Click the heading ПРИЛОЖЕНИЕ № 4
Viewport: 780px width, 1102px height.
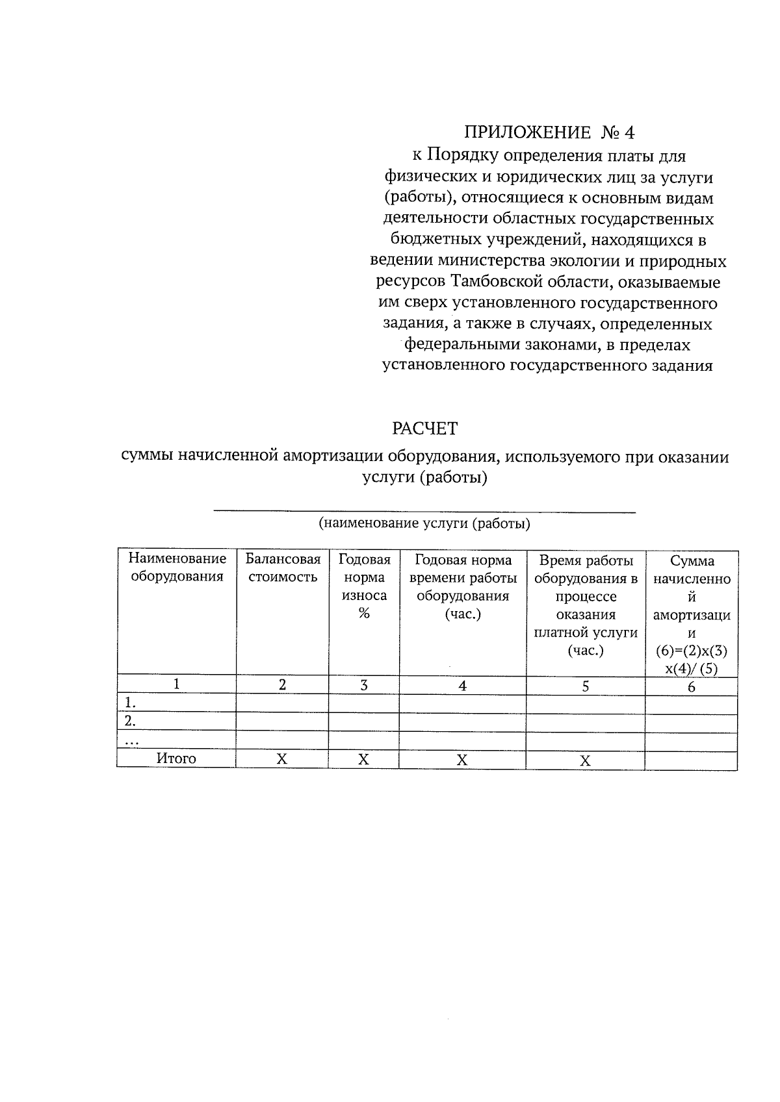pos(549,132)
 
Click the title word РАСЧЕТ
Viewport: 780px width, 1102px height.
pos(425,429)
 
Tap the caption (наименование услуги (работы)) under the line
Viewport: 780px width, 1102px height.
pos(424,523)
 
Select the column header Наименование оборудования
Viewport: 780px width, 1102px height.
pos(177,568)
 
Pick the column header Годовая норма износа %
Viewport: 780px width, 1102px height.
pos(364,586)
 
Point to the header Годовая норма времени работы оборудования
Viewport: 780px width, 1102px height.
pos(463,586)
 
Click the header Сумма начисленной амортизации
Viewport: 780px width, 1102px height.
pos(692,614)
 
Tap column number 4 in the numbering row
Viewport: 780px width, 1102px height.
pos(463,686)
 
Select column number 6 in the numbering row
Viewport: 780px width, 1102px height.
pos(692,687)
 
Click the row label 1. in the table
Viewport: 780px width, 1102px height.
pos(131,703)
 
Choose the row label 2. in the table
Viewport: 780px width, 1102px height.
pos(131,721)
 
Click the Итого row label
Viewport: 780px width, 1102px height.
pos(176,758)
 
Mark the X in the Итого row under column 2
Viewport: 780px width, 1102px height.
pos(281,759)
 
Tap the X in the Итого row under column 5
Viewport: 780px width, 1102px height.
pos(585,761)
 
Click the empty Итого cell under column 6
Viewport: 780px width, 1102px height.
pos(691,760)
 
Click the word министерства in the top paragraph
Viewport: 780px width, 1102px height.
pos(492,262)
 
